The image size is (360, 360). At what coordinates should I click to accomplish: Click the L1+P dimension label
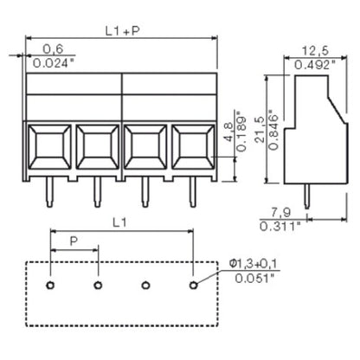coord(119,31)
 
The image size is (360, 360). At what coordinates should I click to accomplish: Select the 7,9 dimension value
coord(276,213)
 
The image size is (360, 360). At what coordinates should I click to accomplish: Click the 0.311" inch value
coord(280,227)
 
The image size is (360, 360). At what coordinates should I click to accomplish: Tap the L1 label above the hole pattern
coord(119,222)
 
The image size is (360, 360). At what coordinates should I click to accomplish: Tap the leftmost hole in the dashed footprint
coord(51,285)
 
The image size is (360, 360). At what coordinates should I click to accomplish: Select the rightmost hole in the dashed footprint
coord(193,285)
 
